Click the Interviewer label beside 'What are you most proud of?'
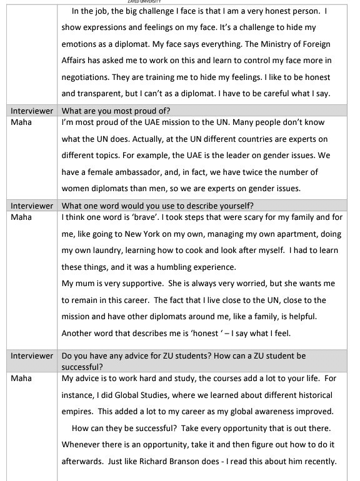coord(31,111)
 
